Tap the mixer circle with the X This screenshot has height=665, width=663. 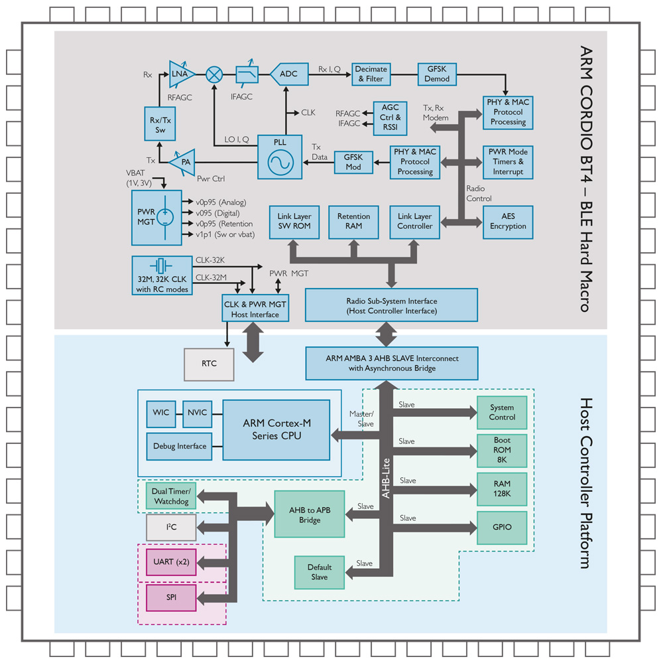[x=214, y=74]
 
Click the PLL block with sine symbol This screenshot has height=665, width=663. [x=280, y=157]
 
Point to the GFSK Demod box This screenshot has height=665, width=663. [x=438, y=74]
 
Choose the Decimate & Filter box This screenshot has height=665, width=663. [x=371, y=74]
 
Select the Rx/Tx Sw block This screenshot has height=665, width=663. [x=160, y=124]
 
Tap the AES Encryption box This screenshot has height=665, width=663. [x=508, y=222]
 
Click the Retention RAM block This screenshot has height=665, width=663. [x=353, y=222]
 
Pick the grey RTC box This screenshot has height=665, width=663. [x=209, y=364]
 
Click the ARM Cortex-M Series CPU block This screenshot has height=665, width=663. [x=276, y=430]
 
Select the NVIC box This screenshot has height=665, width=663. [x=196, y=413]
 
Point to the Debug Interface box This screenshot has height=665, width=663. [x=179, y=446]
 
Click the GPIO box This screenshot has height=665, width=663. [x=502, y=528]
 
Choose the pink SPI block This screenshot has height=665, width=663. [x=171, y=597]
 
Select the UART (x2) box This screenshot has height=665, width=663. [x=171, y=562]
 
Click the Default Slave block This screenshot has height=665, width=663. [x=320, y=572]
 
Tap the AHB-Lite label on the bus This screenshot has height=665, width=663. [x=386, y=478]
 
